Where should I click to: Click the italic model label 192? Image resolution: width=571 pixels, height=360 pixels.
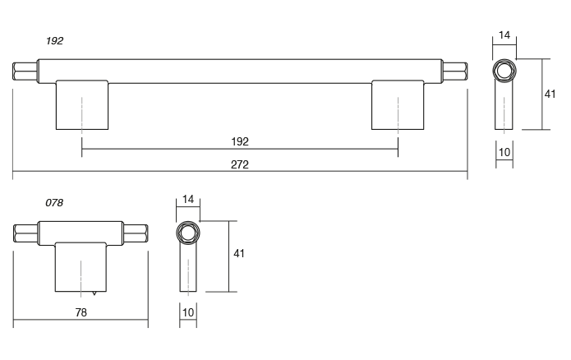pos(55,40)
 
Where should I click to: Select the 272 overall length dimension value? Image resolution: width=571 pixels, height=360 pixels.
pos(240,164)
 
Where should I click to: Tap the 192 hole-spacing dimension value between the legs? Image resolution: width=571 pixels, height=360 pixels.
pos(240,141)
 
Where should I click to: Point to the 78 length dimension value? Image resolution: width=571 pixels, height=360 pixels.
pos(81,312)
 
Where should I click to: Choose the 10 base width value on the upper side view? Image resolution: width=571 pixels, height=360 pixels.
pos(504,153)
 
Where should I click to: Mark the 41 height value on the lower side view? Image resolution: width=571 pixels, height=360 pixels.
pos(238,254)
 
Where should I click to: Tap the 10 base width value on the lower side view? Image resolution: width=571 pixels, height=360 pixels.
pos(188,314)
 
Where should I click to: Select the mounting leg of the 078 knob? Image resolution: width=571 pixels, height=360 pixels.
pos(81,267)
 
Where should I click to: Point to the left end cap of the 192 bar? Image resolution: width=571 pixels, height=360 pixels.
pos(23,71)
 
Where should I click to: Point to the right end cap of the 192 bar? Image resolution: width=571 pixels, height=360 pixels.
pos(457,71)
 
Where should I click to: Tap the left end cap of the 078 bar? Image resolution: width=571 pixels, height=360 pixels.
pos(26,233)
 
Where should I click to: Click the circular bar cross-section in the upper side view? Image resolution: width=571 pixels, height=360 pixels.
pos(504,71)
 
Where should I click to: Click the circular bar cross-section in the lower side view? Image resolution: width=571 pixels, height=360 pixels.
pos(188,233)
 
